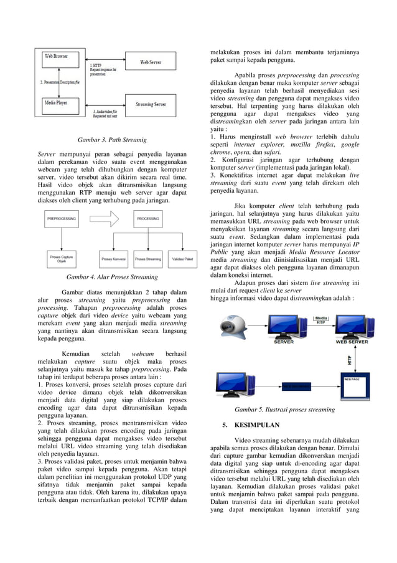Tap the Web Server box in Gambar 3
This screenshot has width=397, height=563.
coord(151,62)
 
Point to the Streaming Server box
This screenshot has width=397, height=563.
coord(151,104)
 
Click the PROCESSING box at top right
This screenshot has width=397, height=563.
coord(147,219)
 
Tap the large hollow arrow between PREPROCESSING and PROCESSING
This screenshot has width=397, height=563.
coord(104,219)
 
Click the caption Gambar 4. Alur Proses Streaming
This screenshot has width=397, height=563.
coord(112,277)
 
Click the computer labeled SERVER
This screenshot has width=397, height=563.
coord(283,329)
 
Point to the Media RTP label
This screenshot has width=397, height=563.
coord(320,320)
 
